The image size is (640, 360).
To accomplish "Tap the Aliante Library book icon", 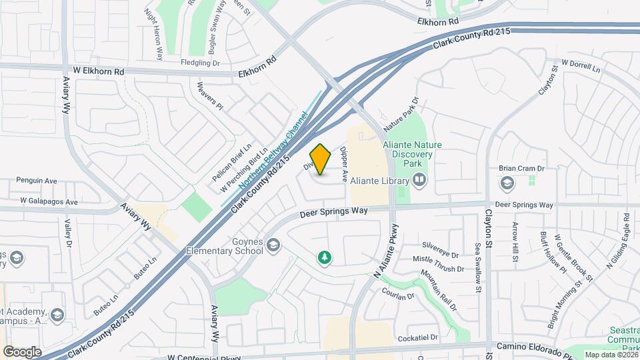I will pyautogui.click(x=419, y=179).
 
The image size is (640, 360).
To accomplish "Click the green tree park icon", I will pyautogui.click(x=325, y=257).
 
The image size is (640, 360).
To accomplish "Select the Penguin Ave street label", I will pyautogui.click(x=37, y=181).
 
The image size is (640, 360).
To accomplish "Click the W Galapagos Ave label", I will pyautogui.click(x=49, y=201).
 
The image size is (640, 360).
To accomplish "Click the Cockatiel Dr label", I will pyautogui.click(x=417, y=338).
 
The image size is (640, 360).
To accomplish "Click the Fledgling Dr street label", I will pyautogui.click(x=200, y=63).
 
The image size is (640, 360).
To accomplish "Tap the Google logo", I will pyautogui.click(x=22, y=351).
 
